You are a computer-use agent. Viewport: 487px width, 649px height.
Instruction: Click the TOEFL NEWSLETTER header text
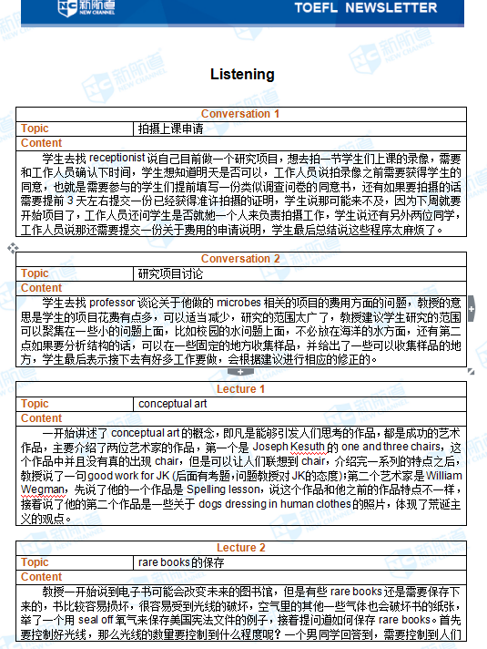click(x=365, y=8)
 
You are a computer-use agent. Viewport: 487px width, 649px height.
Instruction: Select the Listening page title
click(x=242, y=74)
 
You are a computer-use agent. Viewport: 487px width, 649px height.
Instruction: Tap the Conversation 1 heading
click(x=240, y=114)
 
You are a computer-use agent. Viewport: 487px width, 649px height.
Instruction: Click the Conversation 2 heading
click(x=240, y=259)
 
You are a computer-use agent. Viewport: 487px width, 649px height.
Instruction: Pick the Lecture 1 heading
click(x=240, y=389)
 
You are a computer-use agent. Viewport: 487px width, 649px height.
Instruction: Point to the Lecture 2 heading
click(x=240, y=548)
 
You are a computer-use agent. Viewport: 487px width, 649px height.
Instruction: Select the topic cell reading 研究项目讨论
click(x=170, y=273)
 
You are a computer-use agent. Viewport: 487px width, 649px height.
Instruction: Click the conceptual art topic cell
click(x=172, y=404)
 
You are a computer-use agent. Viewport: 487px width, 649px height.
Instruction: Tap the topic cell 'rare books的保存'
click(x=181, y=562)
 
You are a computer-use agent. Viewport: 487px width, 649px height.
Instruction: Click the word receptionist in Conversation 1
click(x=117, y=158)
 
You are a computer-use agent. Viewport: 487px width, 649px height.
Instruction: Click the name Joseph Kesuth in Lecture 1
click(x=289, y=448)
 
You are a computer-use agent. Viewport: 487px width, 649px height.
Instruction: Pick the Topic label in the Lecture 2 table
click(x=35, y=562)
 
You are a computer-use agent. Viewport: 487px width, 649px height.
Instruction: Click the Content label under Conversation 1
click(x=41, y=143)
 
